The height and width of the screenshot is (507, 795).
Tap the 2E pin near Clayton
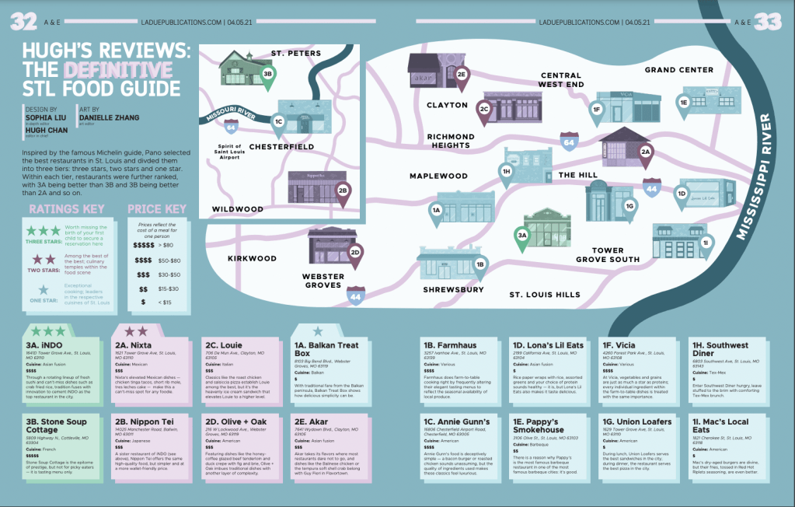461,76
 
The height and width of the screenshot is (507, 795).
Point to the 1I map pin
704,244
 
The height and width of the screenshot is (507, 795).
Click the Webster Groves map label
323,280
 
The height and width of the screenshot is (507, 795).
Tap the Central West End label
550,79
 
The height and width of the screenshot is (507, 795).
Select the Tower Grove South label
609,255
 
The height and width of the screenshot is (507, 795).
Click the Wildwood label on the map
238,209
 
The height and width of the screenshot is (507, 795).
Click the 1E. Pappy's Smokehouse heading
538,425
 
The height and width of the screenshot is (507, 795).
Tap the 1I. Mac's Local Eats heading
720,425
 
